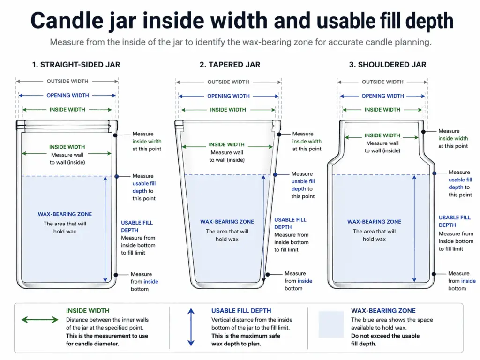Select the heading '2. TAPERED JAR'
(x=230, y=65)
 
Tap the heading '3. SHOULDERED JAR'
(x=387, y=65)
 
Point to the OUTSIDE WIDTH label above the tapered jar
(x=228, y=82)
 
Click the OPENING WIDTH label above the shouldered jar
(x=382, y=96)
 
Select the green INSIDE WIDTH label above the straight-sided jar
(x=67, y=110)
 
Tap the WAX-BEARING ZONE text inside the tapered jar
(x=227, y=222)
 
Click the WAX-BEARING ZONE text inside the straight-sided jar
(x=65, y=214)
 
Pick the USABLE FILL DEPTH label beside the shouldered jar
(x=454, y=221)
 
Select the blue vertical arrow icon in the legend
(x=190, y=327)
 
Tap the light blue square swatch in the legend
(x=331, y=324)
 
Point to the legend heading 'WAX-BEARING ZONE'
(x=383, y=311)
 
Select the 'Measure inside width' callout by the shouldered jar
(x=453, y=138)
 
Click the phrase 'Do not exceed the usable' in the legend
(x=385, y=336)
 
